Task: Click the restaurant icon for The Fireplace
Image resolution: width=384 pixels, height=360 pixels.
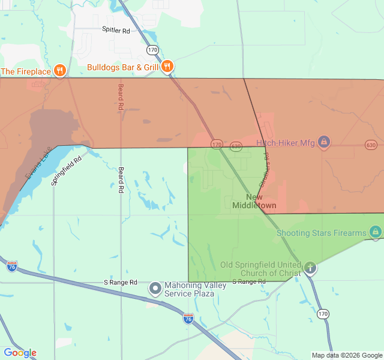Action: tap(59, 71)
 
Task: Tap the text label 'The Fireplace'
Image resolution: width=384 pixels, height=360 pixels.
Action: tap(26, 71)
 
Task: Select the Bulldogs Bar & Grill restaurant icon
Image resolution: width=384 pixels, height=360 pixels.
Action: tap(167, 67)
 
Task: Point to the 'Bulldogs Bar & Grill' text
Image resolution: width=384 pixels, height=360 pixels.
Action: tap(122, 67)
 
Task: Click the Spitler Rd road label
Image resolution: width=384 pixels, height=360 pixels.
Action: tap(116, 30)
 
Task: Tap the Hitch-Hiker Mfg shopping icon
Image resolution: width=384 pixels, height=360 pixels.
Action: tap(323, 142)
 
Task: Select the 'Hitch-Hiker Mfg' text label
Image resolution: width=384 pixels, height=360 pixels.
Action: tap(285, 142)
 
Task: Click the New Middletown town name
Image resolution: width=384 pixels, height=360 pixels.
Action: tap(254, 202)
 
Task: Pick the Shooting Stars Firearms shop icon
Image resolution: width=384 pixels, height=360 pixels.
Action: tap(376, 232)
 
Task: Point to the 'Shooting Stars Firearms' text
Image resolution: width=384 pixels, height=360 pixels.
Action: tap(321, 233)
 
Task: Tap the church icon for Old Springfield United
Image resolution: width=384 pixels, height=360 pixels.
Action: tap(310, 268)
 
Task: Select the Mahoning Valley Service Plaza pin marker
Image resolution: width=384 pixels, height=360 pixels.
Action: tap(155, 289)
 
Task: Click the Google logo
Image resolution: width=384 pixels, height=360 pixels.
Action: tap(20, 353)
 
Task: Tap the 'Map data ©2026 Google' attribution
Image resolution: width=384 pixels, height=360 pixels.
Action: tap(346, 355)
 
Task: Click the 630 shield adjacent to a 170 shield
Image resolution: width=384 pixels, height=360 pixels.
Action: tap(236, 145)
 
